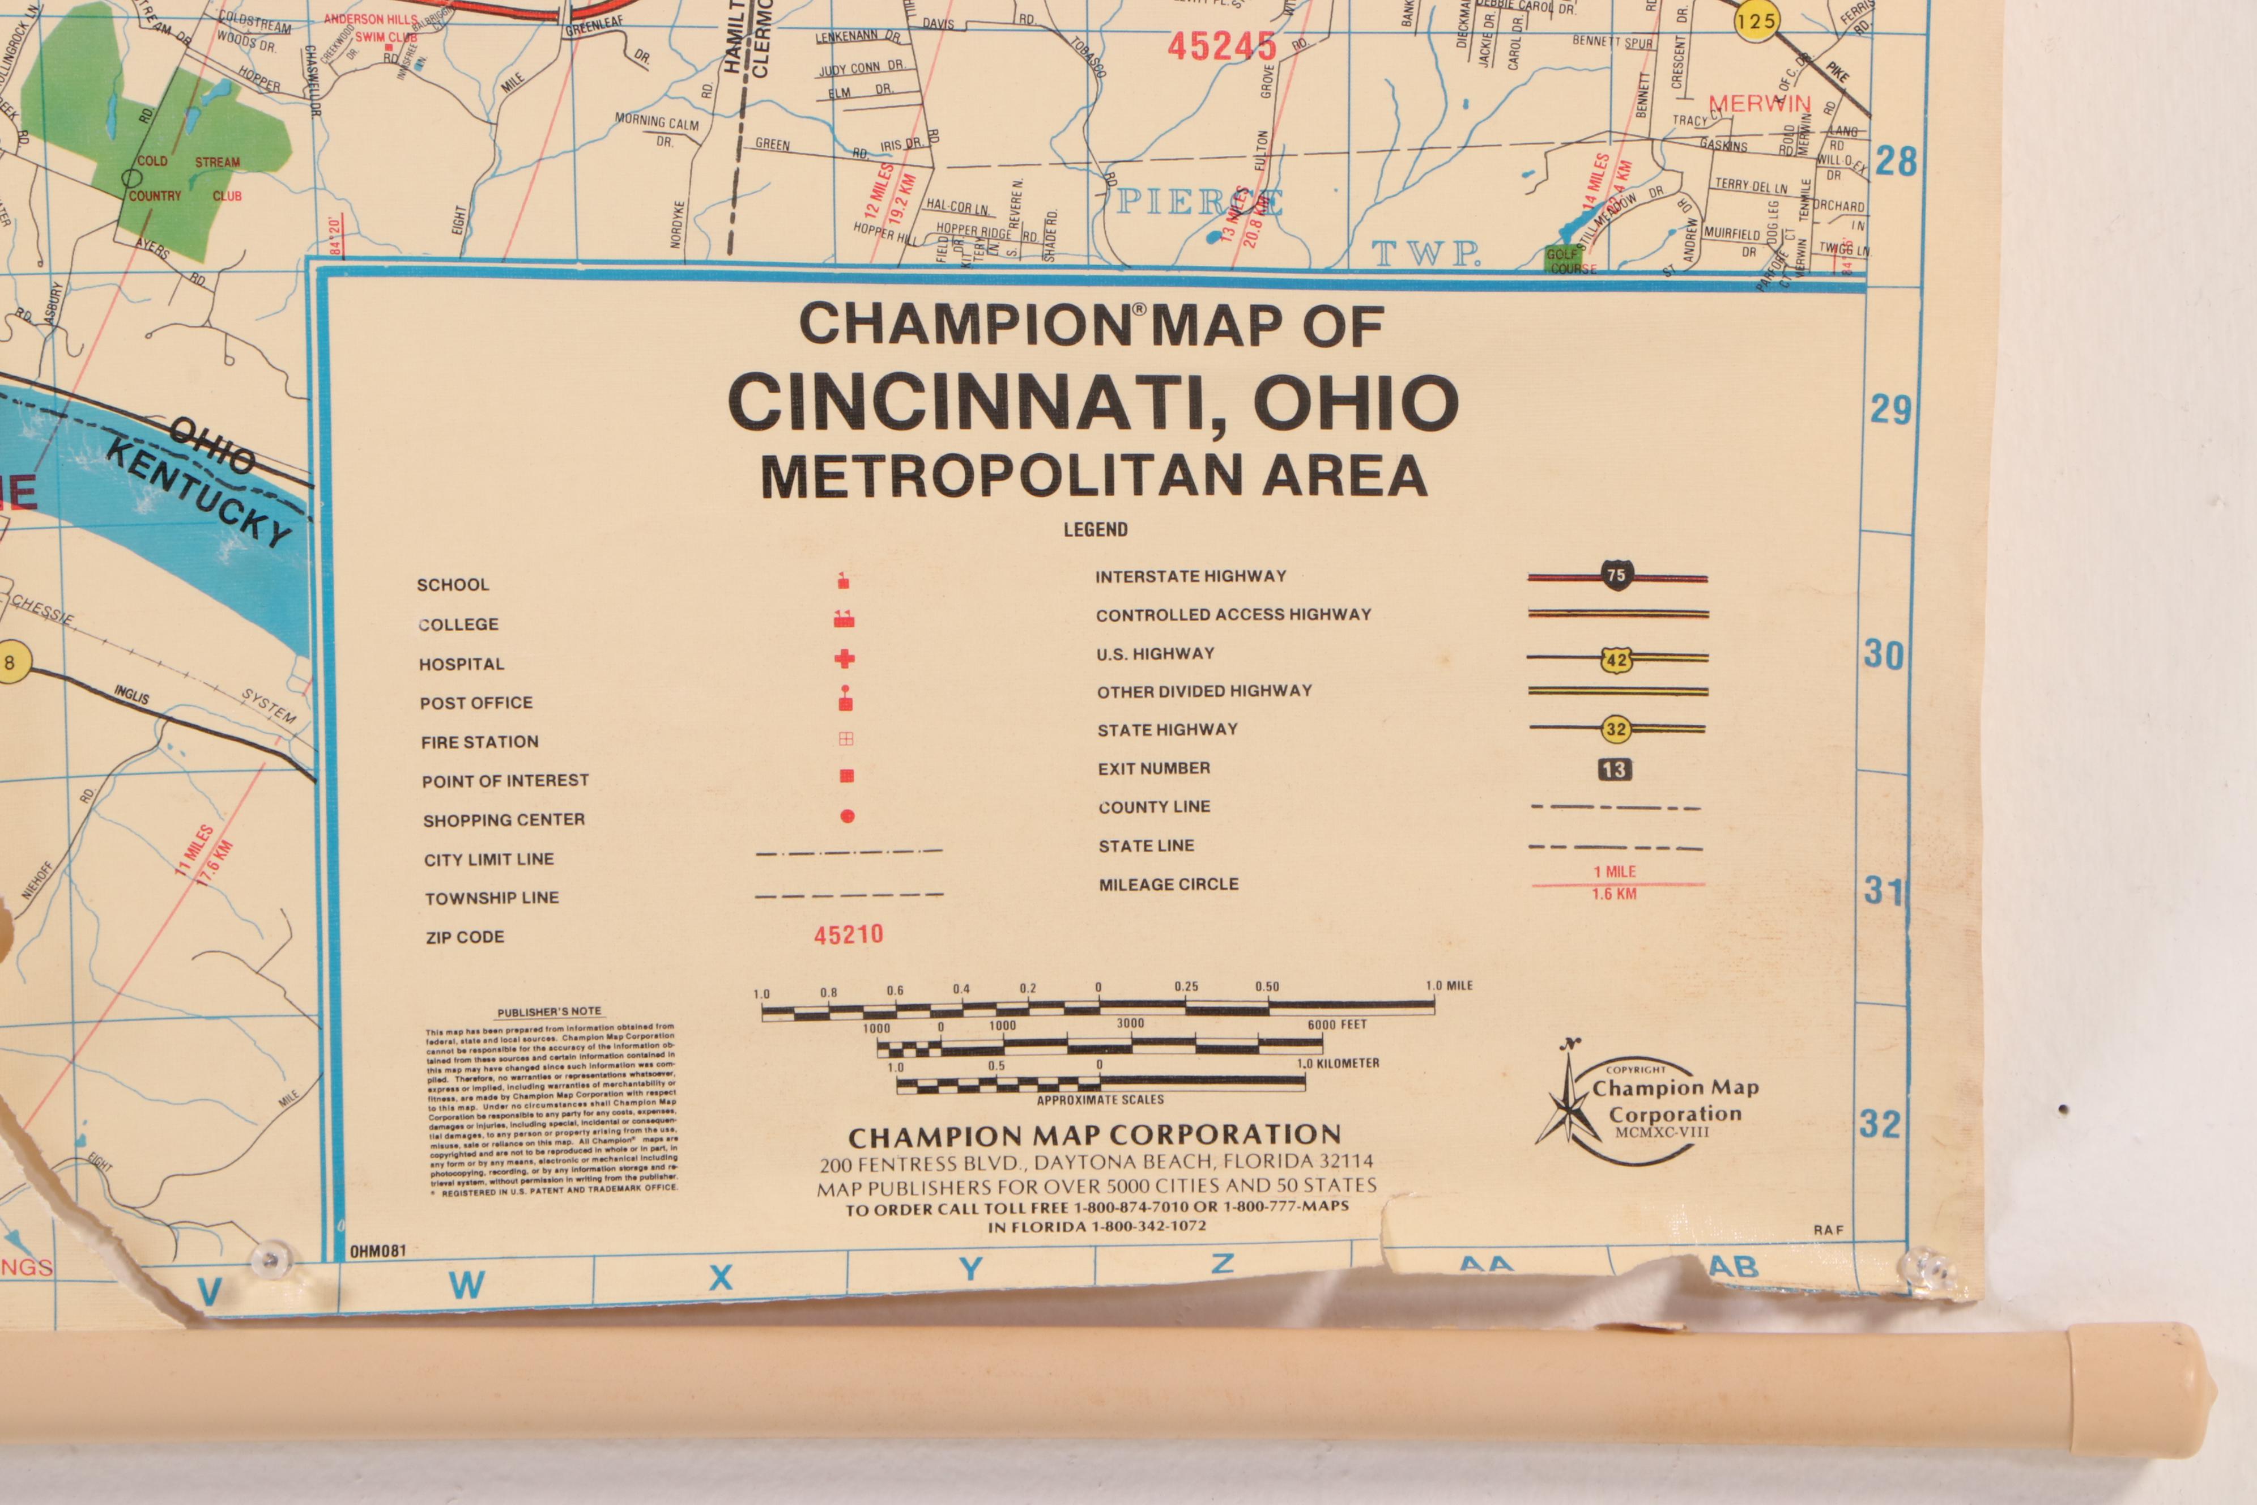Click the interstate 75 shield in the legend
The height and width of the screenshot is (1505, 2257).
click(1616, 576)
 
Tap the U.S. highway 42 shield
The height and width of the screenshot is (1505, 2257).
click(1616, 660)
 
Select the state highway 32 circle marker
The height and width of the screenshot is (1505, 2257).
click(1616, 729)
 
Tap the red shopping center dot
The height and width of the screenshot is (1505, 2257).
click(848, 817)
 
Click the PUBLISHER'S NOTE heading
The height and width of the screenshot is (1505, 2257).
click(549, 1011)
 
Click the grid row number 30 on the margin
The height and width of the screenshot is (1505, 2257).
click(1883, 656)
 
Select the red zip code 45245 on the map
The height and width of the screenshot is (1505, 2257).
click(1221, 46)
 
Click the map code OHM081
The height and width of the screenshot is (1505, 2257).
click(378, 1251)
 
